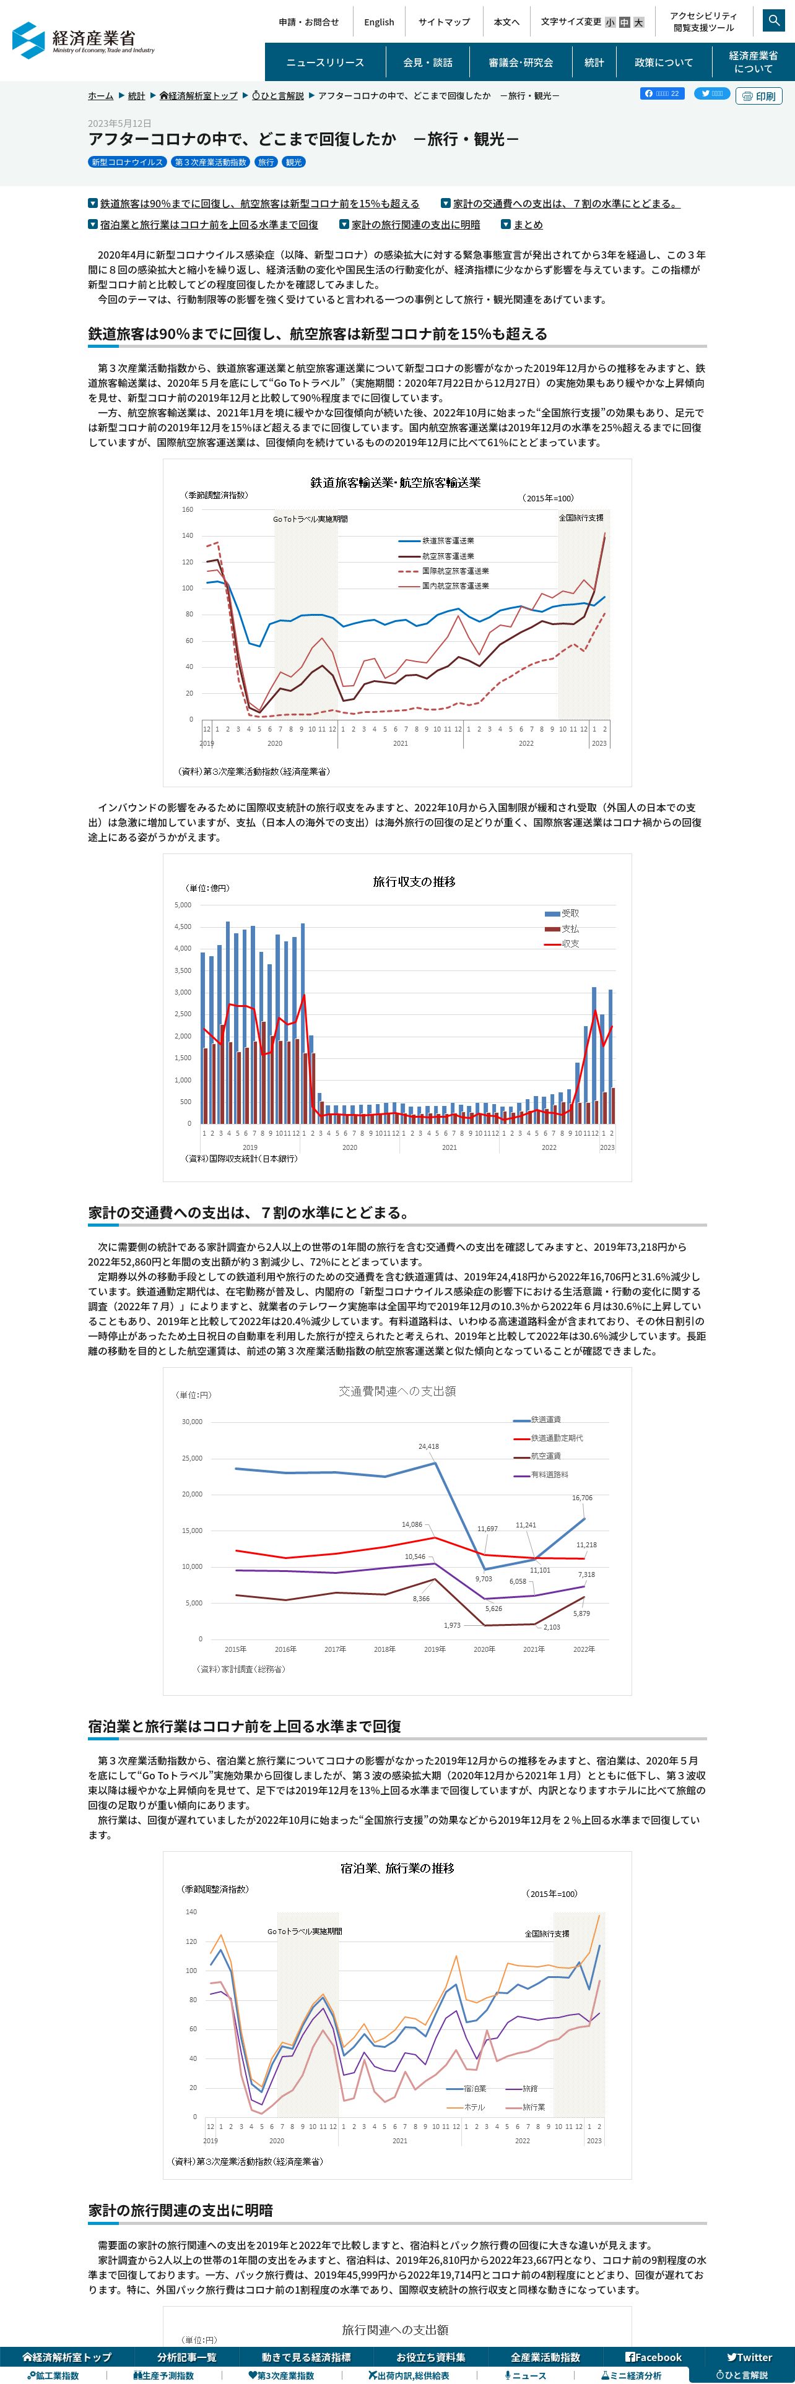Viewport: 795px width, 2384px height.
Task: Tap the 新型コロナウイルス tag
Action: (x=127, y=162)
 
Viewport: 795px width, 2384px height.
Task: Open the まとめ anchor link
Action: (x=528, y=225)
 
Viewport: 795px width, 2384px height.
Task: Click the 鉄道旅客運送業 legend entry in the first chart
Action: (x=448, y=540)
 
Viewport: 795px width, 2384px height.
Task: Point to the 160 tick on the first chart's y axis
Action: (x=187, y=509)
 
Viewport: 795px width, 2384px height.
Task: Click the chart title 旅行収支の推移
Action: (x=414, y=882)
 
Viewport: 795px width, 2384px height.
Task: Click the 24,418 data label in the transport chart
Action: (x=428, y=1446)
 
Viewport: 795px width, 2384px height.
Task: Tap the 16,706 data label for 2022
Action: (x=582, y=1497)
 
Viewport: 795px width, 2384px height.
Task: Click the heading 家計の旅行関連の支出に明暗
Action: (x=180, y=2210)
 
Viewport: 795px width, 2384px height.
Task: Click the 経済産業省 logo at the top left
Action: (x=84, y=40)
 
